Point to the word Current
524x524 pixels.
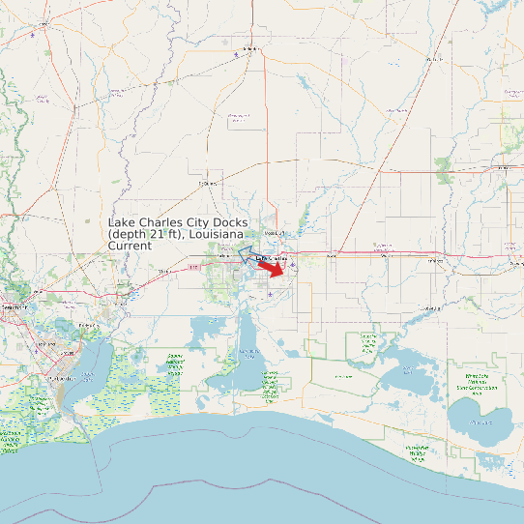click(x=130, y=247)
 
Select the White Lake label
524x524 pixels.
click(x=480, y=422)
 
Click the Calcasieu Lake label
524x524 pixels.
click(x=250, y=355)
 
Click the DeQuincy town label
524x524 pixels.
click(x=204, y=182)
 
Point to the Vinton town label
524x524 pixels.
click(x=163, y=272)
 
